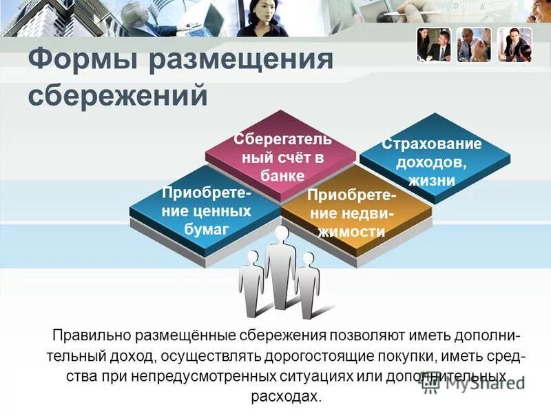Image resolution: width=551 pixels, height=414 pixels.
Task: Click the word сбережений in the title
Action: coord(117,95)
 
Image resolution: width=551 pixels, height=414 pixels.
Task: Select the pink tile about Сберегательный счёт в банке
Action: coord(282,155)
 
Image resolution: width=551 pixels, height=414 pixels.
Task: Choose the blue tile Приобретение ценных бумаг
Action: coord(206,210)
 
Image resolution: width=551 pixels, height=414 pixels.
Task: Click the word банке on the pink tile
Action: coord(282,175)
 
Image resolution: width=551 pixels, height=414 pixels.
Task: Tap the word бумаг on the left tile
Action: coord(206,229)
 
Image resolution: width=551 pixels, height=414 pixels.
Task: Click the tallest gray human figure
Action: coord(280,266)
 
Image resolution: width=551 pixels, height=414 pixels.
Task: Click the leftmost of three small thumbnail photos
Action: coord(433,46)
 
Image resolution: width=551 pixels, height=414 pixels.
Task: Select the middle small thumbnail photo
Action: coord(474,46)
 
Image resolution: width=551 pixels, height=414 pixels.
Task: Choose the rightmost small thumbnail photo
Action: coord(515,46)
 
